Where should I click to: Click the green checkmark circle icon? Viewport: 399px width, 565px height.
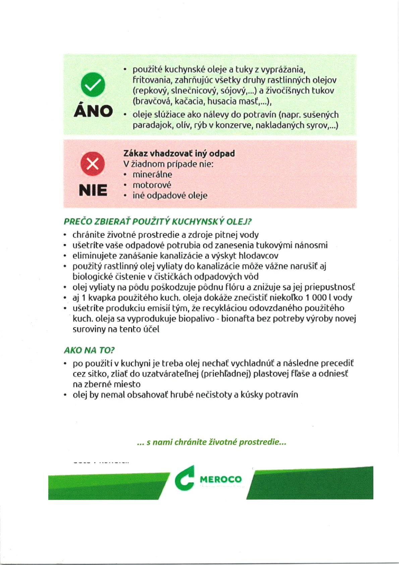(93, 85)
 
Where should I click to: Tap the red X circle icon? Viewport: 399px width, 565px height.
(93, 164)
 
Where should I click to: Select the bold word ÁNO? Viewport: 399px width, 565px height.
(93, 111)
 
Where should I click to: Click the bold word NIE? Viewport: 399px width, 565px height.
(93, 190)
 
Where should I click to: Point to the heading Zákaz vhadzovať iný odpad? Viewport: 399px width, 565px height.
(179, 153)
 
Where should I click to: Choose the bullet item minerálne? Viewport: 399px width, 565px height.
(152, 175)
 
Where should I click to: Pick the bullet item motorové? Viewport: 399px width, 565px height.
(152, 185)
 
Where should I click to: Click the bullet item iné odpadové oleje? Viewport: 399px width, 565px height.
(170, 195)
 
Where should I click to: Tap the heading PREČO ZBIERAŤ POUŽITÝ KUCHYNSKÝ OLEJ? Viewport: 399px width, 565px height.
(158, 222)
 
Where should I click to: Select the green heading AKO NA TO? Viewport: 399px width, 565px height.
(89, 350)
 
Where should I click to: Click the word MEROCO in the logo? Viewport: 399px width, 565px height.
(221, 479)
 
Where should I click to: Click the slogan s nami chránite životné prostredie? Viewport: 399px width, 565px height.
(212, 442)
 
